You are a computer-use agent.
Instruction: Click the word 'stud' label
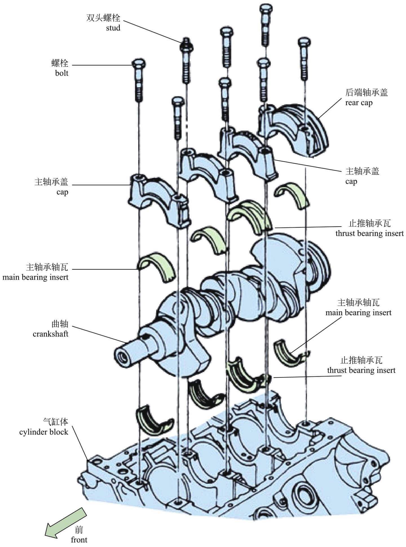(x=113, y=28)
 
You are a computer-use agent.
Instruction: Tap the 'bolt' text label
(x=62, y=73)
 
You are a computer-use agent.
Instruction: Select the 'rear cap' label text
(x=359, y=103)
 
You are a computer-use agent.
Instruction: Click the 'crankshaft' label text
(x=50, y=334)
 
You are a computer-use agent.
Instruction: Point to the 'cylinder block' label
(x=44, y=432)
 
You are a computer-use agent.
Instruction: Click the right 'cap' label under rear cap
(x=351, y=181)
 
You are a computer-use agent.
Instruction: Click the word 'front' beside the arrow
(x=79, y=540)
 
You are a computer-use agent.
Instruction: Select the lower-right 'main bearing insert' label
(x=358, y=313)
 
